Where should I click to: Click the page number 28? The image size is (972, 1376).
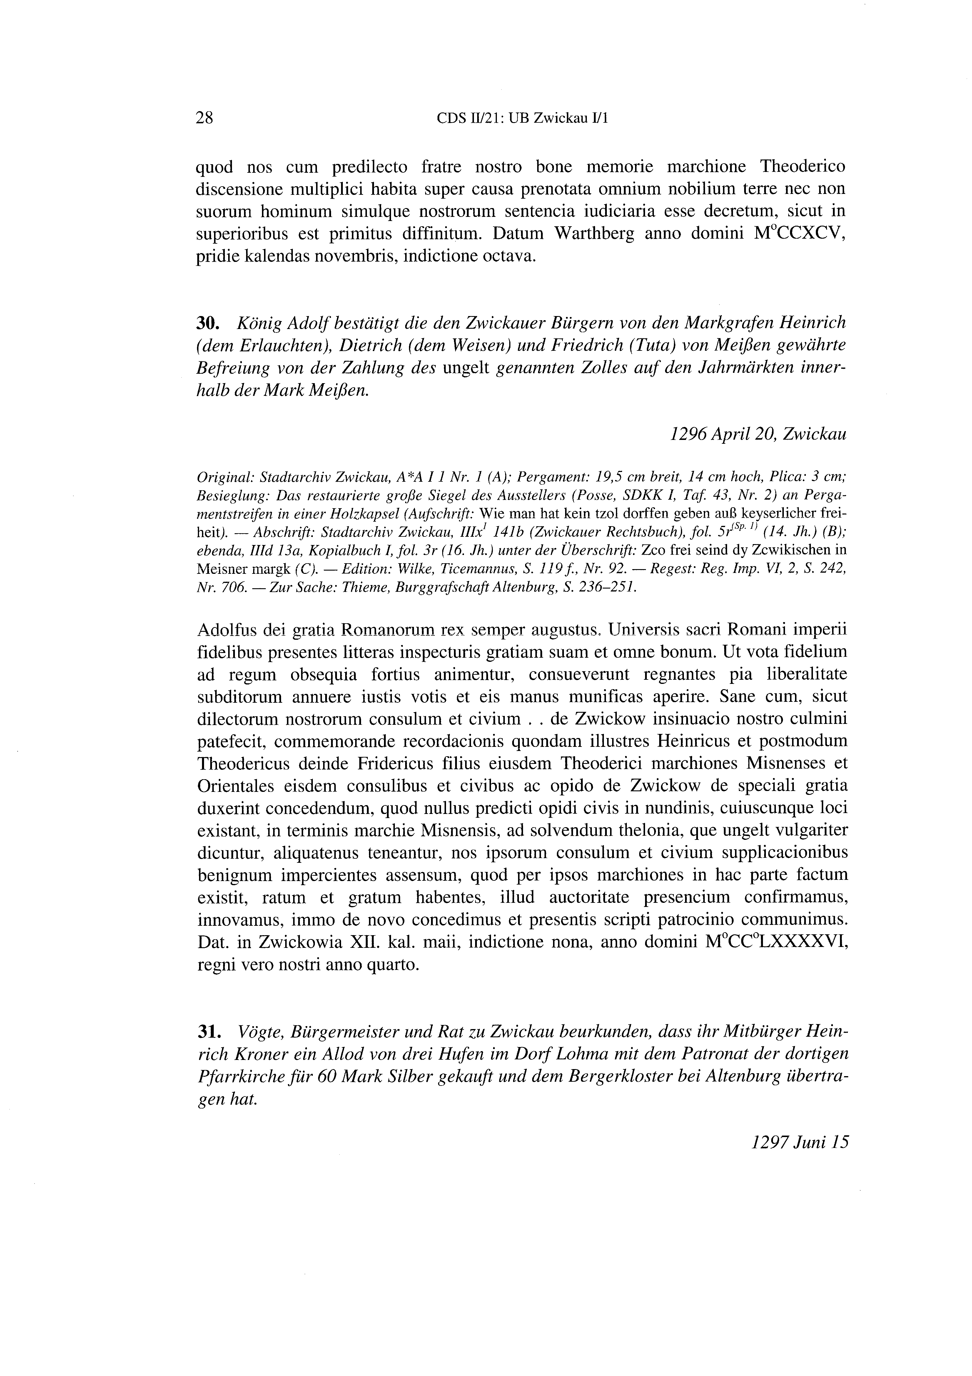[204, 118]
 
